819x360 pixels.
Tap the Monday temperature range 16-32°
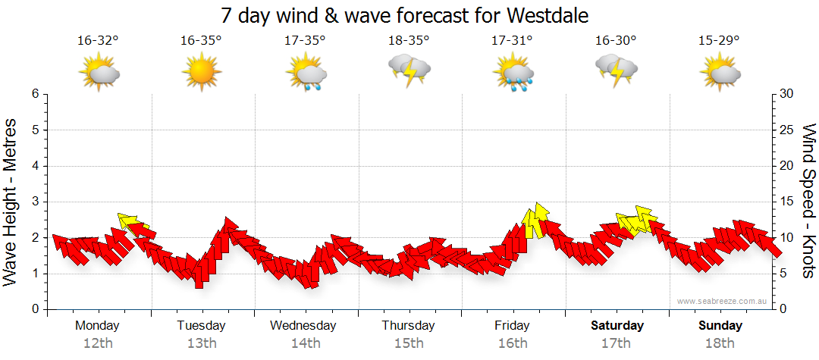98,40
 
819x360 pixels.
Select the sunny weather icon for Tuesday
201,73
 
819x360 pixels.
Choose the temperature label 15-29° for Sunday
719,40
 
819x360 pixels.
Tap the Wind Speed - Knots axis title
808,201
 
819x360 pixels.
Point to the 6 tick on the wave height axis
35,94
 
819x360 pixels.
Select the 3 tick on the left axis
35,202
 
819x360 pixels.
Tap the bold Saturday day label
617,326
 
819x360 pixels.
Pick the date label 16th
512,343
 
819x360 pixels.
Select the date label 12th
98,343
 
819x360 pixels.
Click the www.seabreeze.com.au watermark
723,301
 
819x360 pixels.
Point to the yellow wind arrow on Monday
131,223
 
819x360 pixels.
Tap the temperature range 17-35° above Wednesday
305,40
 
